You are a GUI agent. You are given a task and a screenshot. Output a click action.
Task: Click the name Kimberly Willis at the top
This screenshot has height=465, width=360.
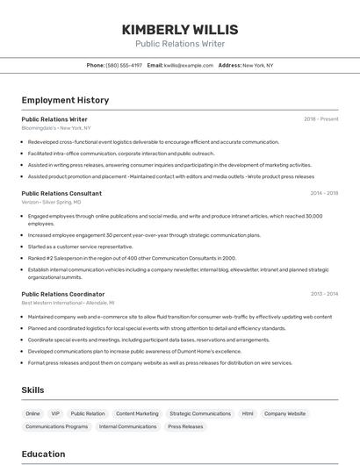click(179, 29)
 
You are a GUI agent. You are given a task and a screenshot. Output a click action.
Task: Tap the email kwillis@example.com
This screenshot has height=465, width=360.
click(188, 65)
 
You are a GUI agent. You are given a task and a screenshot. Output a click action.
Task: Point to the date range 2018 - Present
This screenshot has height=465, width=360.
click(320, 118)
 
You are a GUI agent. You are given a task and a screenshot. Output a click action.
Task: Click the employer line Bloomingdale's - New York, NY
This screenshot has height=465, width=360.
click(56, 128)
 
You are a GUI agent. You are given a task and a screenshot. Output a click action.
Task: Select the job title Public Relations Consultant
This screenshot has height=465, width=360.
click(61, 193)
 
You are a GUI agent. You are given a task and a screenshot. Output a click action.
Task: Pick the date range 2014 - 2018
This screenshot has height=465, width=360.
click(323, 193)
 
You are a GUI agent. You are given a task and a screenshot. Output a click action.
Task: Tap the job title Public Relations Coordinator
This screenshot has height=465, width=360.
click(62, 294)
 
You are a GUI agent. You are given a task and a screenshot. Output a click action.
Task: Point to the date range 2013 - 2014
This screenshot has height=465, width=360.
click(323, 294)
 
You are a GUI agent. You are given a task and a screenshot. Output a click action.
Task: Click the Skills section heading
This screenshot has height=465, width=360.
click(33, 390)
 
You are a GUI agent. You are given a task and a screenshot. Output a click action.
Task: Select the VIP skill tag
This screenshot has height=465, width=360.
click(55, 413)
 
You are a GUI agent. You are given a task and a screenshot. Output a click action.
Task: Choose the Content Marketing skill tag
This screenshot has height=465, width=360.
click(137, 413)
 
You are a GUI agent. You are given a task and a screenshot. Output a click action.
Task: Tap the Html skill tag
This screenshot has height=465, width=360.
click(248, 413)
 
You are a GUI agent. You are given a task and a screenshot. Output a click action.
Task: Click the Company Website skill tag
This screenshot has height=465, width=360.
click(285, 413)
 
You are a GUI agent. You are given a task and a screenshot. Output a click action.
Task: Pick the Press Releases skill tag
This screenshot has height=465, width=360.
click(185, 426)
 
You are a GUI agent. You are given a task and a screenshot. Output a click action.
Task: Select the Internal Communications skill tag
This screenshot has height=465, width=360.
click(127, 426)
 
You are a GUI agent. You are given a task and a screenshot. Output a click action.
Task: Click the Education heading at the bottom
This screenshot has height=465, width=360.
click(43, 454)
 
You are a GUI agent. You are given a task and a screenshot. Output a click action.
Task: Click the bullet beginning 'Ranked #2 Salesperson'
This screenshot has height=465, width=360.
click(132, 258)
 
